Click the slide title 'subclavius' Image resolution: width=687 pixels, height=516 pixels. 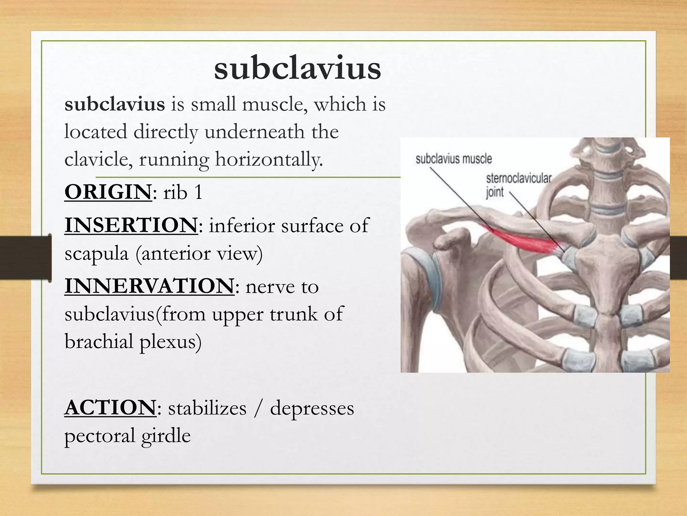298,68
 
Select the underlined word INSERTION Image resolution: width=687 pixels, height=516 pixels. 131,225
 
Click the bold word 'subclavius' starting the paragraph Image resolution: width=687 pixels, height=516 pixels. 115,104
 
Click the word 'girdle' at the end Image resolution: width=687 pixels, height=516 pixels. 166,436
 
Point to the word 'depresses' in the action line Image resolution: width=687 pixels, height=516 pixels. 312,408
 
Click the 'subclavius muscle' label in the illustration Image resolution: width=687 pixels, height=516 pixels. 454,159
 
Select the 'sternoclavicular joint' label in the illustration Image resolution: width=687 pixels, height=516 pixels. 518,185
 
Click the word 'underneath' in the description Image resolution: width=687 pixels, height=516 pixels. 255,131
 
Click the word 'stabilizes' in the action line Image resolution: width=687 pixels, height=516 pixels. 207,408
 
